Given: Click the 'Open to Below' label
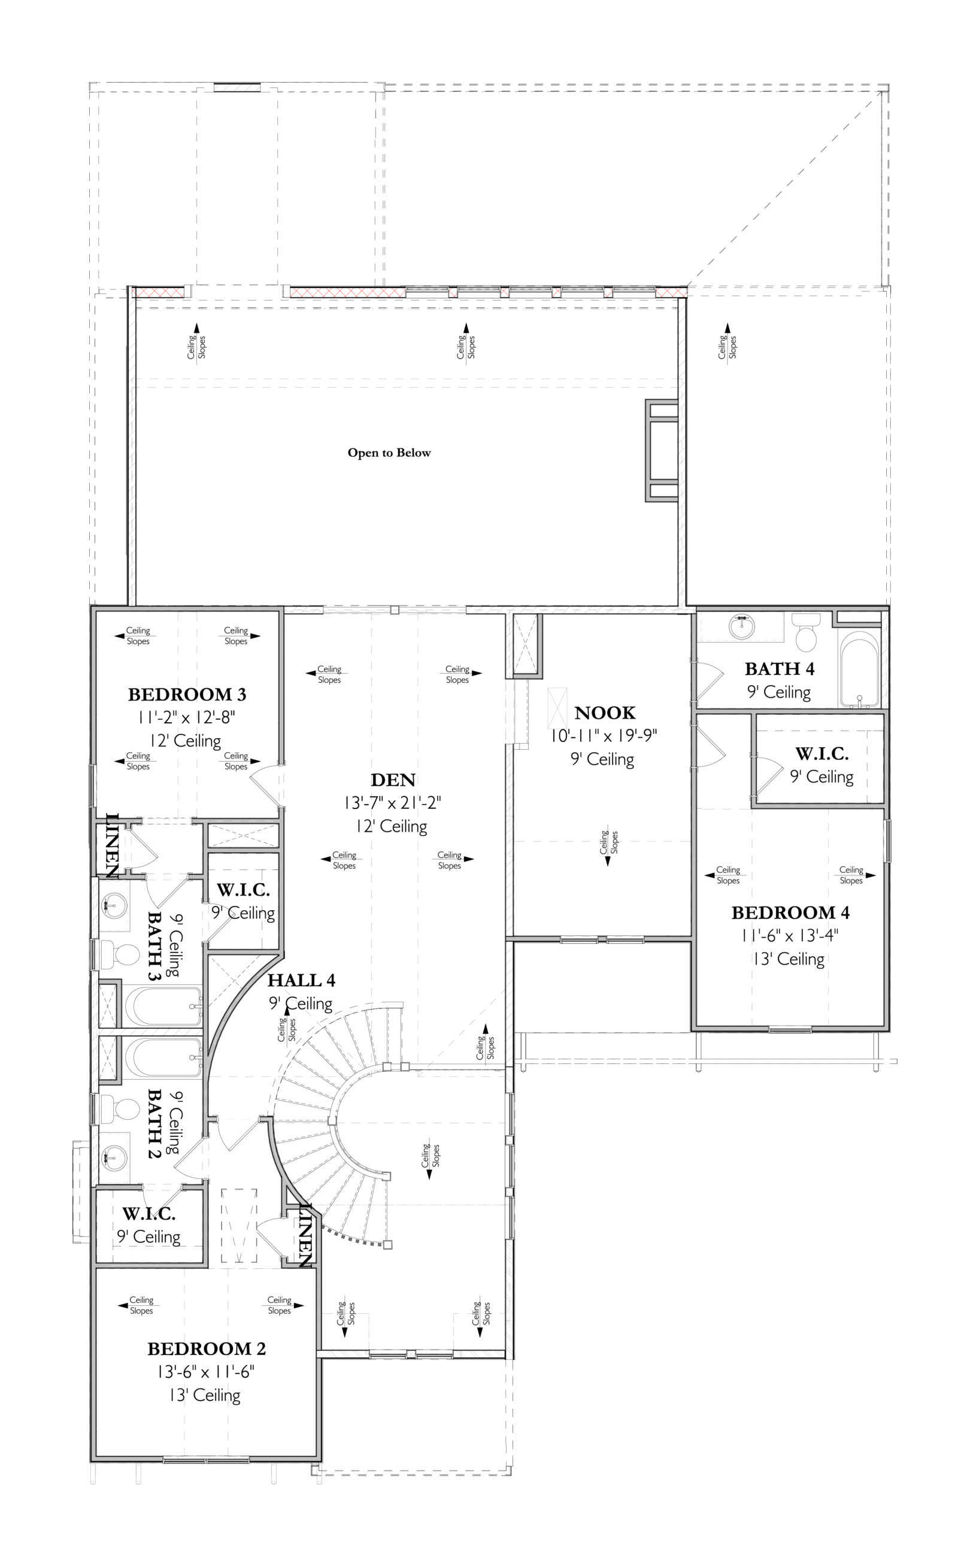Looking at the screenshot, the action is point(389,453).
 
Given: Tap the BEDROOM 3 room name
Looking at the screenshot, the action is point(187,694).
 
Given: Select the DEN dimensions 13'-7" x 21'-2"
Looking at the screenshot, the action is point(393,802).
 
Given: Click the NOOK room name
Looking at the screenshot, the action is point(604,713).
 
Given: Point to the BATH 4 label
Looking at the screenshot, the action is point(779,668).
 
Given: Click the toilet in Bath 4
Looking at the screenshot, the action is point(806,632).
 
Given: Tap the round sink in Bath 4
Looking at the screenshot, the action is point(741,627).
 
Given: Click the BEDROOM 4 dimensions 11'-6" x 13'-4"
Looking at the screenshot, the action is point(789,935).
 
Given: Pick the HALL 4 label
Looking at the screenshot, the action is point(301,980).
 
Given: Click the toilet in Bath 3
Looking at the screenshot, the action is point(121,954).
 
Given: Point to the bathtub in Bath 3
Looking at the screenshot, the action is point(163,1006).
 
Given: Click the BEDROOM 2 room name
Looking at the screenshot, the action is point(206,1348).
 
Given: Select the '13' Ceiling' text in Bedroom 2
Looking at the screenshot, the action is point(204,1395).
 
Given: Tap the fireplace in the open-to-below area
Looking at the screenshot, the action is point(662,450).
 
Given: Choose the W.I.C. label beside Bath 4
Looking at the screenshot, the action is point(821,754).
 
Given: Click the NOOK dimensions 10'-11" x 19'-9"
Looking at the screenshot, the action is point(603,736).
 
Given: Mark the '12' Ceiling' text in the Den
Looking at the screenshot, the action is point(391,826).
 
